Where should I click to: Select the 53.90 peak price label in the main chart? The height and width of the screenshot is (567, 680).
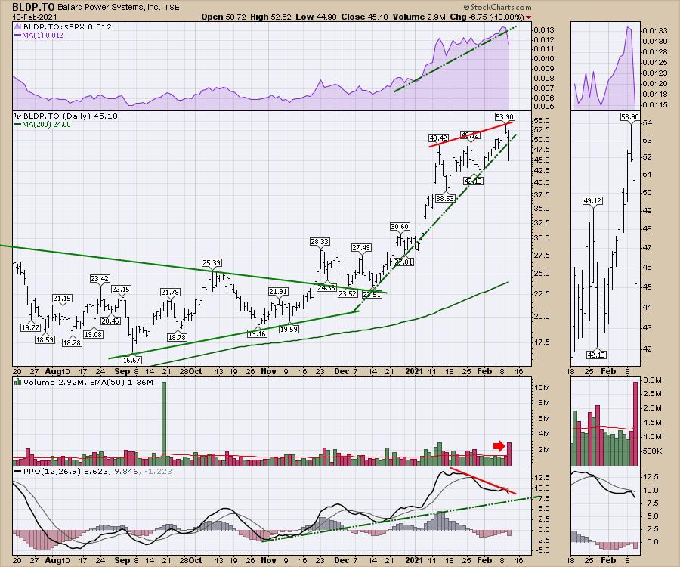(x=504, y=116)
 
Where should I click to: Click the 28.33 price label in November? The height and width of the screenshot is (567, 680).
(x=320, y=241)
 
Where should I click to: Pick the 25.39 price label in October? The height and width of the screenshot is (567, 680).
(x=212, y=262)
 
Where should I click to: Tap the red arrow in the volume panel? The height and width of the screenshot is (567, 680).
(x=499, y=446)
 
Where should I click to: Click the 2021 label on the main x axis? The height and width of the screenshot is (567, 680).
(x=414, y=372)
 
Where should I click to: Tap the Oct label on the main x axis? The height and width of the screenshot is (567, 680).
(x=194, y=372)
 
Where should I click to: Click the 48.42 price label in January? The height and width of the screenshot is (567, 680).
(x=438, y=138)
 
